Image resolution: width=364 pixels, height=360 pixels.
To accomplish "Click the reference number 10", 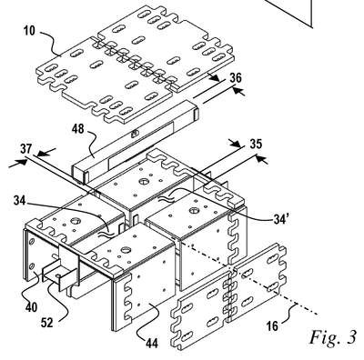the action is pyautogui.click(x=29, y=31).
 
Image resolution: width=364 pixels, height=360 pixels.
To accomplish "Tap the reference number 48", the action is pyautogui.click(x=78, y=129).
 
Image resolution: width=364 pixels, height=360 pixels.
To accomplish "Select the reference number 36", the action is pyautogui.click(x=236, y=78).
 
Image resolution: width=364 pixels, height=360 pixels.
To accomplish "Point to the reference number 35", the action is pyautogui.click(x=256, y=145).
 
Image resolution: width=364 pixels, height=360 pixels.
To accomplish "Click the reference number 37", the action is pyautogui.click(x=26, y=149).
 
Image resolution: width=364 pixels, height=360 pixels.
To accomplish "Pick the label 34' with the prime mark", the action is pyautogui.click(x=278, y=220).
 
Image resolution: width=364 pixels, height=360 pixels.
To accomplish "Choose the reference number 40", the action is pyautogui.click(x=31, y=307).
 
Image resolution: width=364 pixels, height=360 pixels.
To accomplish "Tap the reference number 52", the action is pyautogui.click(x=47, y=323).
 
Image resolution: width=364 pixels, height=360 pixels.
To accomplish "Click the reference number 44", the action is pyautogui.click(x=152, y=343).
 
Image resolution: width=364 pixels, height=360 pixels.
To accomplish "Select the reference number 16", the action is pyautogui.click(x=272, y=326).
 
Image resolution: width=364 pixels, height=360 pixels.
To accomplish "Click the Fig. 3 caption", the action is pyautogui.click(x=332, y=337).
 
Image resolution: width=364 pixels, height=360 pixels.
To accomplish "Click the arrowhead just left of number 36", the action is pyautogui.click(x=215, y=78).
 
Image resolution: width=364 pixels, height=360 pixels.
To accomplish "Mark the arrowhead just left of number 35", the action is pyautogui.click(x=234, y=143).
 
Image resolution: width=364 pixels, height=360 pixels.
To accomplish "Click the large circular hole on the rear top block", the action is pyautogui.click(x=143, y=182).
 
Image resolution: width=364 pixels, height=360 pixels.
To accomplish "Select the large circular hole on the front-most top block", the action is pyautogui.click(x=125, y=250).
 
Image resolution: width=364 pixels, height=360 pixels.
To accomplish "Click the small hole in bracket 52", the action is pyautogui.click(x=58, y=275).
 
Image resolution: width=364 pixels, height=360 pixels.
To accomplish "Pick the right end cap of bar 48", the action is pyautogui.click(x=197, y=115).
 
